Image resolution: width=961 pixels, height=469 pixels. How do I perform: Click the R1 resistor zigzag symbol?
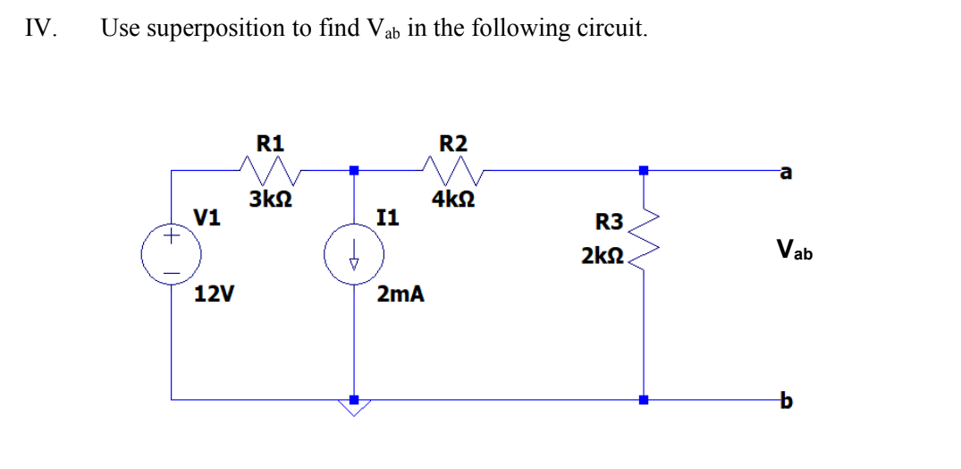(x=271, y=167)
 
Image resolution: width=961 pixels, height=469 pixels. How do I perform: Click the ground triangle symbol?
(x=354, y=410)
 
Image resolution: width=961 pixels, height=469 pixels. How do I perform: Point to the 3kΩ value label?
(x=269, y=200)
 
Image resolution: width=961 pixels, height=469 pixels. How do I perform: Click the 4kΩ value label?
(x=452, y=200)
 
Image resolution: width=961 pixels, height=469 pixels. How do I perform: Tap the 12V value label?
(x=215, y=293)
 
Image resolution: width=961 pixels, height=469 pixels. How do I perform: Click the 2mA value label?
(x=400, y=293)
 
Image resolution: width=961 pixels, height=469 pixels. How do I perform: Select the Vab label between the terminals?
(x=794, y=249)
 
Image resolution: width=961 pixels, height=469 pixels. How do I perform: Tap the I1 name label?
(x=389, y=217)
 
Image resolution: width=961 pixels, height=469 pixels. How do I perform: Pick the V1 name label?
(x=207, y=217)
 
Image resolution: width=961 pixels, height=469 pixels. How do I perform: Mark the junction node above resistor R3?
(x=643, y=168)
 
